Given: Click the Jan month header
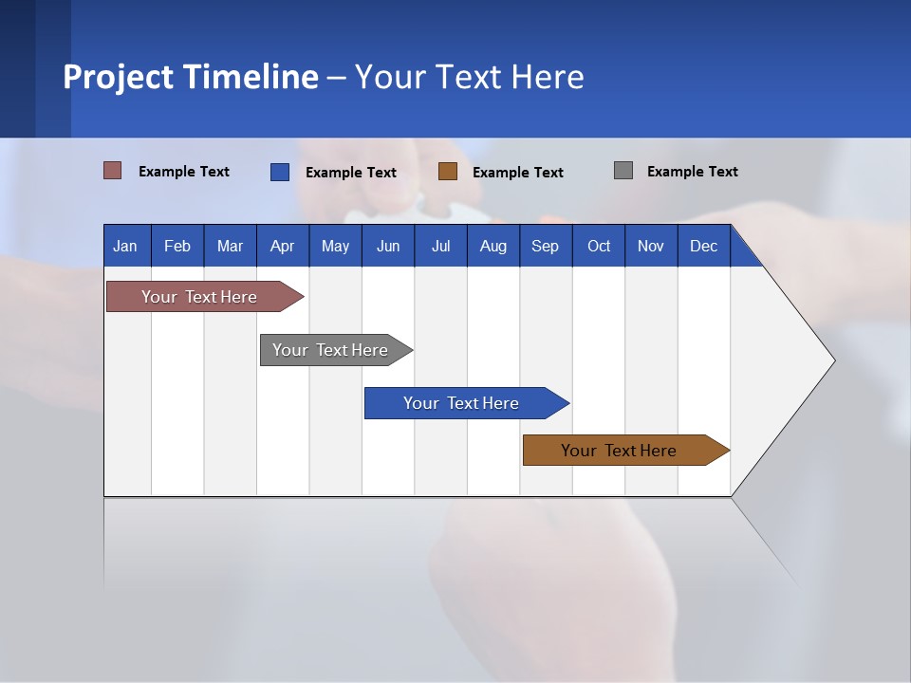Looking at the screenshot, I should click(x=126, y=246).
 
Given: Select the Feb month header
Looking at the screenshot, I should click(x=177, y=246).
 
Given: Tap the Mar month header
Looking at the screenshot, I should click(x=230, y=246).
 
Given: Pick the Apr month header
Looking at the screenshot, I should click(x=283, y=246).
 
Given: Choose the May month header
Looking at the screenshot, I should click(x=335, y=246).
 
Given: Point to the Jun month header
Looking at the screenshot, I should click(x=388, y=246).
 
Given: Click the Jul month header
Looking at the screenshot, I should click(x=440, y=246).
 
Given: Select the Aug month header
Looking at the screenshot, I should click(x=493, y=246).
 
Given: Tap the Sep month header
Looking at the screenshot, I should click(x=546, y=246).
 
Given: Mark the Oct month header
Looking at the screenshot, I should click(x=599, y=246).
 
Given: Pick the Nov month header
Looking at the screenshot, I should click(x=651, y=246).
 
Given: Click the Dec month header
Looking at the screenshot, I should click(x=704, y=246).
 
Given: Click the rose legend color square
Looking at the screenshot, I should click(x=113, y=171).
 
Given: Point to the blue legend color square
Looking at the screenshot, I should click(x=280, y=172).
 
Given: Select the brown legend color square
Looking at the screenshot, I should click(x=448, y=172).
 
